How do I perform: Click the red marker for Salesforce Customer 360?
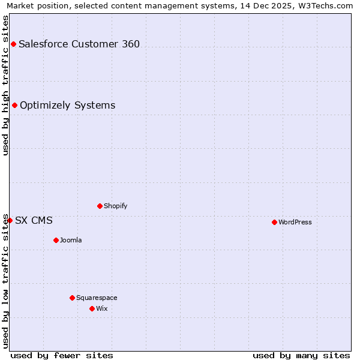pos(13,44)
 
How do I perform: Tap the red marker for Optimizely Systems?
pos(14,106)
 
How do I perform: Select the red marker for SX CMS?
pos(10,220)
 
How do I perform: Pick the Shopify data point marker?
pos(100,206)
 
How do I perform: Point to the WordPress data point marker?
pos(274,222)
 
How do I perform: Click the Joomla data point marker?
pos(56,240)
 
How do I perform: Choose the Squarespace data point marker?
pos(72,298)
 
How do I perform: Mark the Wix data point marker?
pos(92,308)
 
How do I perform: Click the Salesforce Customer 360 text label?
pos(79,44)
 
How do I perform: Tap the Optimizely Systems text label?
pos(67,106)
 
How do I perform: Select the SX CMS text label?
pos(34,220)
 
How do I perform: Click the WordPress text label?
pos(295,222)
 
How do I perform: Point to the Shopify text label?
pos(116,206)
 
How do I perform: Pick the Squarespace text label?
pos(97,298)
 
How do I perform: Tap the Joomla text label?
pos(71,240)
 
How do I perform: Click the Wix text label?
pos(102,308)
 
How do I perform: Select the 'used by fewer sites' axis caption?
pos(62,355)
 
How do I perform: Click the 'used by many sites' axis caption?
pos(301,355)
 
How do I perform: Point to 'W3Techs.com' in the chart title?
pos(326,5)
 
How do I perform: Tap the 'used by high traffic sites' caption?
pos(5,85)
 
